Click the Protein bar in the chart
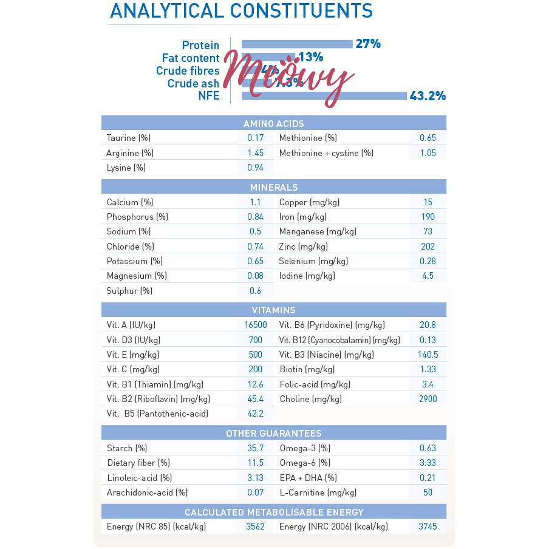(x=297, y=44)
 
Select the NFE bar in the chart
(x=324, y=95)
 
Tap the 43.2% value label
(x=428, y=96)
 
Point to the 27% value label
(x=368, y=44)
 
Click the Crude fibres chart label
(x=188, y=71)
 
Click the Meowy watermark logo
(x=288, y=78)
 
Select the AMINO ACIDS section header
(x=273, y=123)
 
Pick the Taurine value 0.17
(x=255, y=138)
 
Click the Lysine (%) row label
(x=126, y=168)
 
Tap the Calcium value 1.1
(x=255, y=202)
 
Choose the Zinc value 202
(x=428, y=247)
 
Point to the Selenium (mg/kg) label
(x=313, y=261)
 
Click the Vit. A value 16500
(x=255, y=326)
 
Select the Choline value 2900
(x=428, y=399)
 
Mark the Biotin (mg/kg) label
(x=307, y=369)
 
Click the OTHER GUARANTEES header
(x=273, y=434)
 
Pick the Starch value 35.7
(x=255, y=448)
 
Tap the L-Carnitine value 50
(x=428, y=493)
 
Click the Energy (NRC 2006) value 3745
(x=428, y=527)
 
